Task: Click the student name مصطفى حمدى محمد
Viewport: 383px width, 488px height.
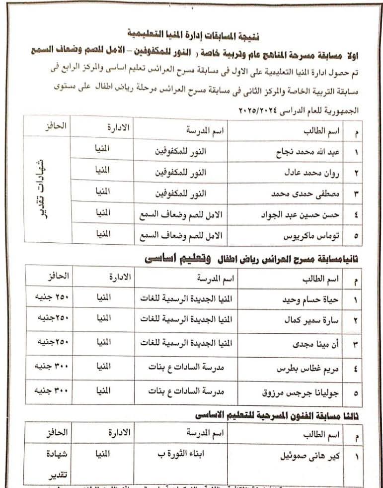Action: coord(304,193)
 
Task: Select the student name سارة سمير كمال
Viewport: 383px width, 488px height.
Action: coord(311,320)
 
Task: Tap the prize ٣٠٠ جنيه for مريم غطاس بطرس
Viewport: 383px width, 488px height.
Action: coord(50,368)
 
